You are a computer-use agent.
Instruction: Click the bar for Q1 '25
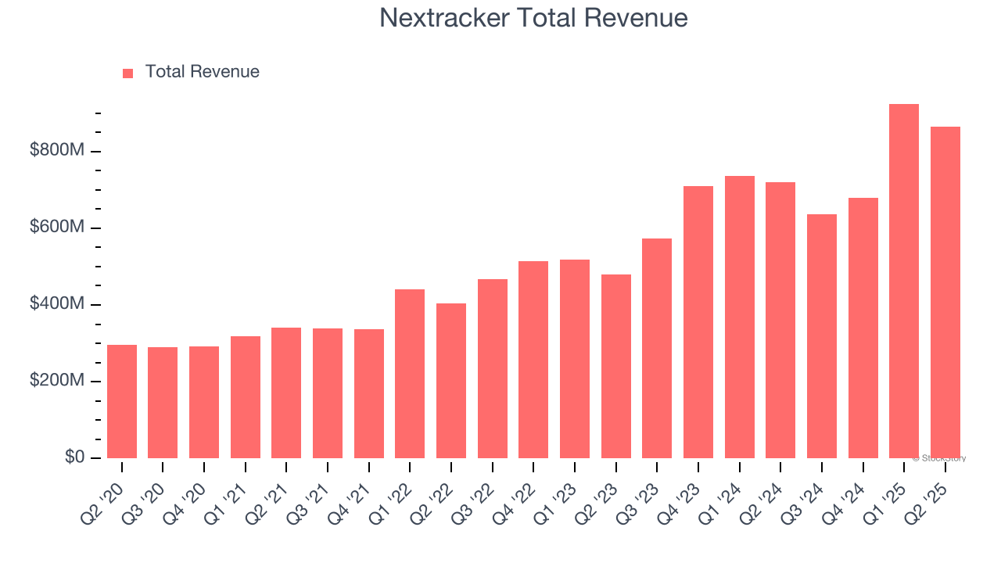pos(904,281)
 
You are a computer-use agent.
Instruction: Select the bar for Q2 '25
pos(945,292)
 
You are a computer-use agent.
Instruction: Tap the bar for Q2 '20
pos(122,401)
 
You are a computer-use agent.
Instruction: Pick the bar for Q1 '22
pos(410,374)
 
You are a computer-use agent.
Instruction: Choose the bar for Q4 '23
pos(698,322)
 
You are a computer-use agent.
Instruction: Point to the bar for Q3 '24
pos(822,336)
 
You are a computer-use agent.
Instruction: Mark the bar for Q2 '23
pos(616,366)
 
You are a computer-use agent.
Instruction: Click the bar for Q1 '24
pos(740,317)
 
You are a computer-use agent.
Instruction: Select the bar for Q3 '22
pos(493,368)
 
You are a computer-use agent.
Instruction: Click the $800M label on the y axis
pos(57,150)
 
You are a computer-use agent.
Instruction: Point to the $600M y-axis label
pos(57,227)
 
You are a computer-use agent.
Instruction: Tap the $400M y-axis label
pos(57,303)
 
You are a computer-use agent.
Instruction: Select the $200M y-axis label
pos(57,380)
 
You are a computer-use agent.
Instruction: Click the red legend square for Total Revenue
pos(128,73)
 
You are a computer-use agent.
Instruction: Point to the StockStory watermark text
pos(939,458)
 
